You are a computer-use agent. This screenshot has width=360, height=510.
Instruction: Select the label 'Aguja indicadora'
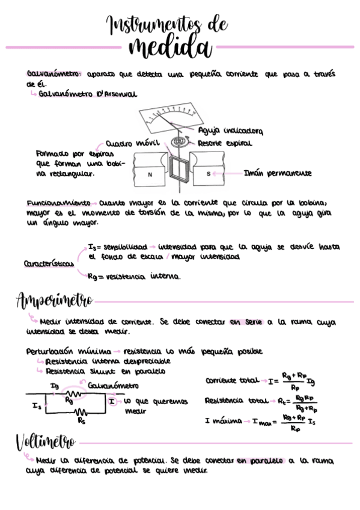point(230,131)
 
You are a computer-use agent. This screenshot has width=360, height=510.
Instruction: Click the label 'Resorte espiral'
point(224,143)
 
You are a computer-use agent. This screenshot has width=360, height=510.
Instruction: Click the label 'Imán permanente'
point(278,173)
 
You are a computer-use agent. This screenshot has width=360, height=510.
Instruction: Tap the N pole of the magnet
point(150,174)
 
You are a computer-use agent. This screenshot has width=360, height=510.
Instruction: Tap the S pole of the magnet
point(208,174)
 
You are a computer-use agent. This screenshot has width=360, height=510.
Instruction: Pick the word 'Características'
point(49,263)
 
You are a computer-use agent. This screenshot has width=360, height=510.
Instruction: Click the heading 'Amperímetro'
point(54,300)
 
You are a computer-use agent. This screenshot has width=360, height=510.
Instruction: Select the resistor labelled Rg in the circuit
point(71,393)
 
